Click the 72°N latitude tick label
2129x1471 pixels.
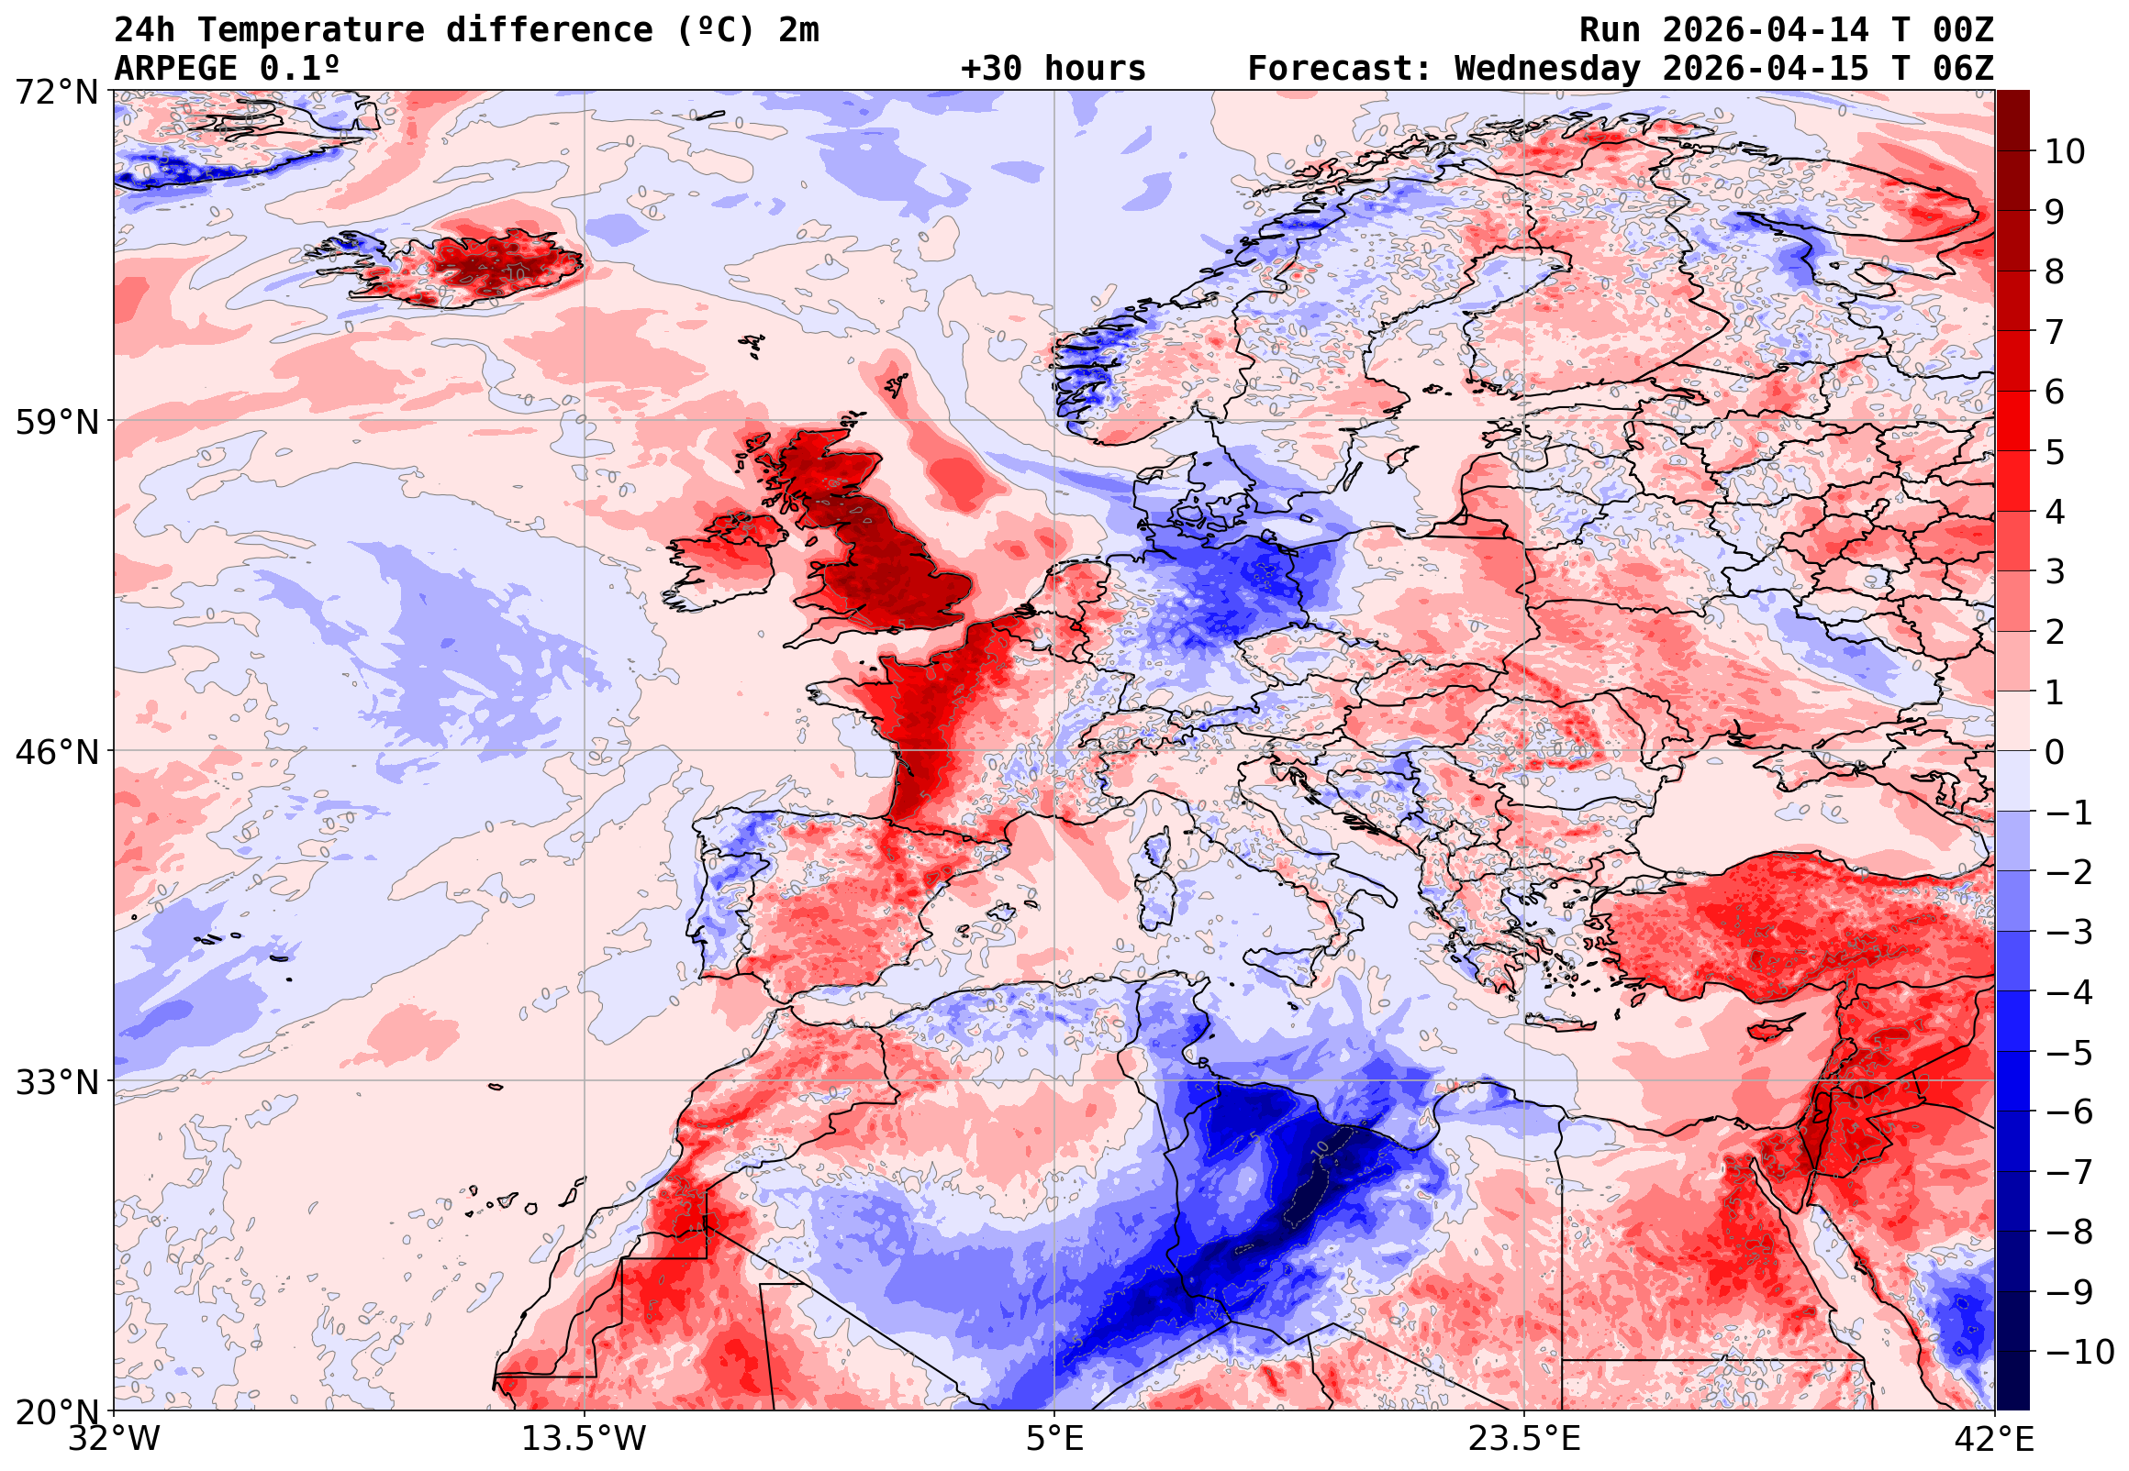point(56,93)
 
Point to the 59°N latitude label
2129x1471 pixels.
point(56,422)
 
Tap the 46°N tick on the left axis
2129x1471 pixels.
point(56,752)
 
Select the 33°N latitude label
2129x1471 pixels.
point(56,1081)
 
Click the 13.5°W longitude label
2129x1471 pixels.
point(585,1439)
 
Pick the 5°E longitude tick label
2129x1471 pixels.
point(1054,1439)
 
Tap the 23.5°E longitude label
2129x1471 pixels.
point(1524,1439)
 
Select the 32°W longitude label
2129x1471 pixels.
point(114,1439)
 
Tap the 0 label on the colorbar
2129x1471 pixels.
point(2055,752)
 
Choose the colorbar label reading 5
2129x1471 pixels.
point(2055,452)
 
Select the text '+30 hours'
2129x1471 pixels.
point(1053,69)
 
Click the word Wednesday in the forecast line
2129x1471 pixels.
point(1547,69)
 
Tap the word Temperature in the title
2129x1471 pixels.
point(310,30)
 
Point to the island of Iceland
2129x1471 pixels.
point(470,267)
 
